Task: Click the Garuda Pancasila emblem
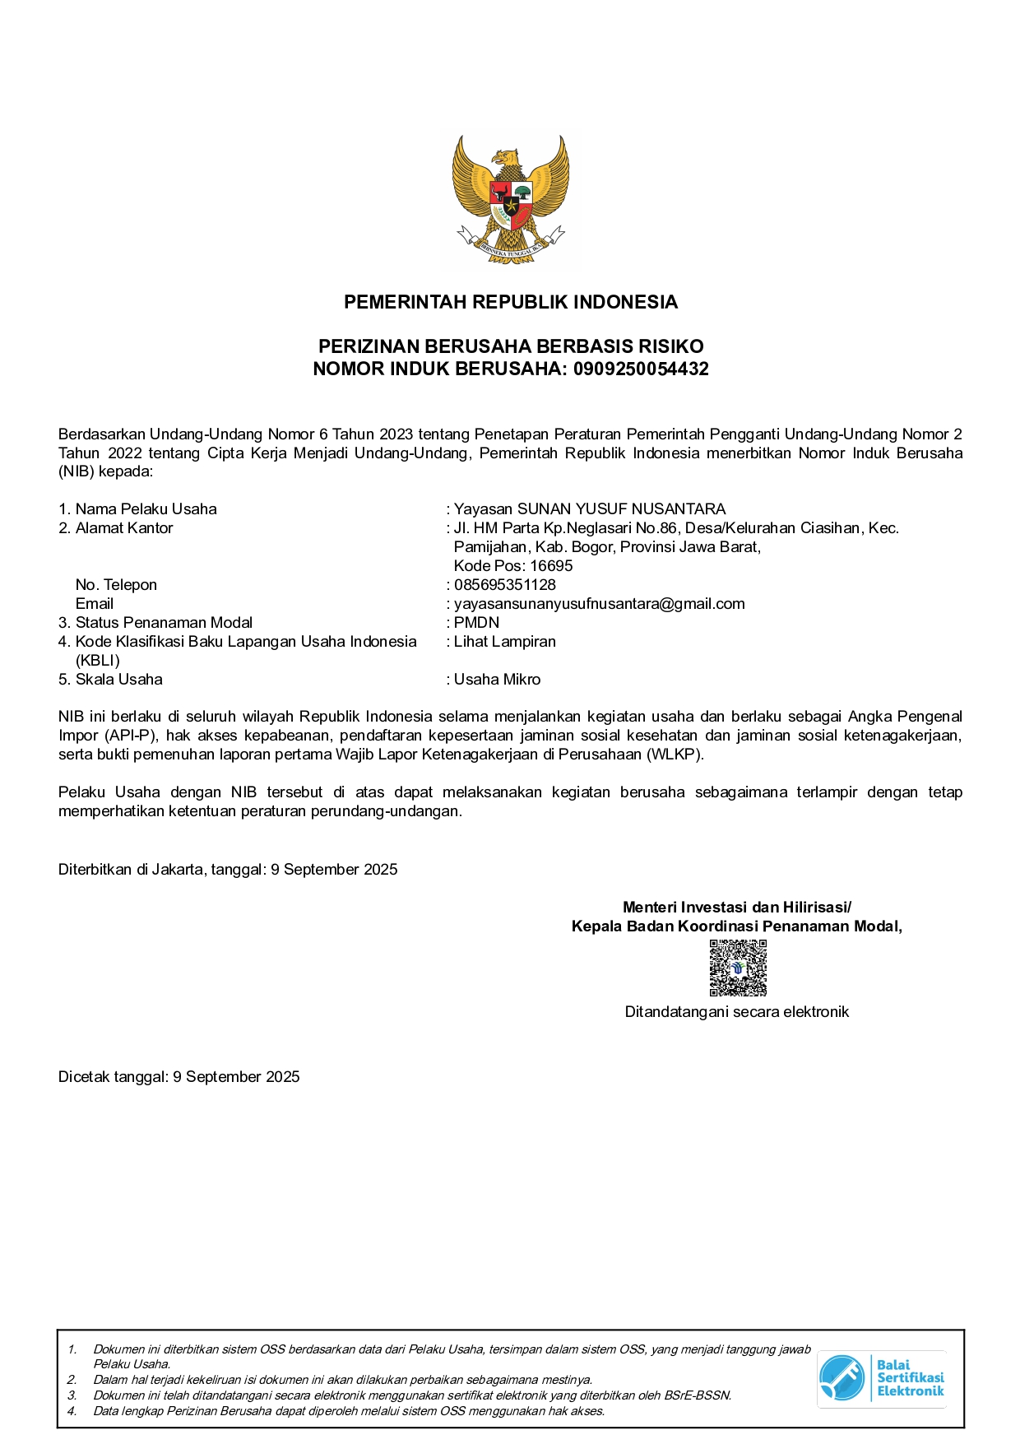click(x=510, y=198)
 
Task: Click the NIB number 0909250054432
click(x=641, y=369)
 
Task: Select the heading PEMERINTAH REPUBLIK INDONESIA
click(x=510, y=302)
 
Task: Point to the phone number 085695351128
click(x=505, y=585)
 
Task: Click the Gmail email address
click(x=599, y=604)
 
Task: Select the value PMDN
click(x=476, y=623)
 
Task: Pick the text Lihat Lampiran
click(x=505, y=642)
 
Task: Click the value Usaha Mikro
click(x=497, y=680)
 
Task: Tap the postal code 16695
click(x=551, y=566)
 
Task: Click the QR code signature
click(x=738, y=968)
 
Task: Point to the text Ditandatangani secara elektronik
click(x=736, y=1012)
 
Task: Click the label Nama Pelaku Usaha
click(x=146, y=509)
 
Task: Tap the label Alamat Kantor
click(x=124, y=528)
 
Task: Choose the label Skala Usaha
click(x=119, y=680)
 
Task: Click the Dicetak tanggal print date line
click(x=178, y=1077)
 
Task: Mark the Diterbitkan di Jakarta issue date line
click(x=228, y=870)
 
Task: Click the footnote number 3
click(x=72, y=1395)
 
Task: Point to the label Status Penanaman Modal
click(x=164, y=623)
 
